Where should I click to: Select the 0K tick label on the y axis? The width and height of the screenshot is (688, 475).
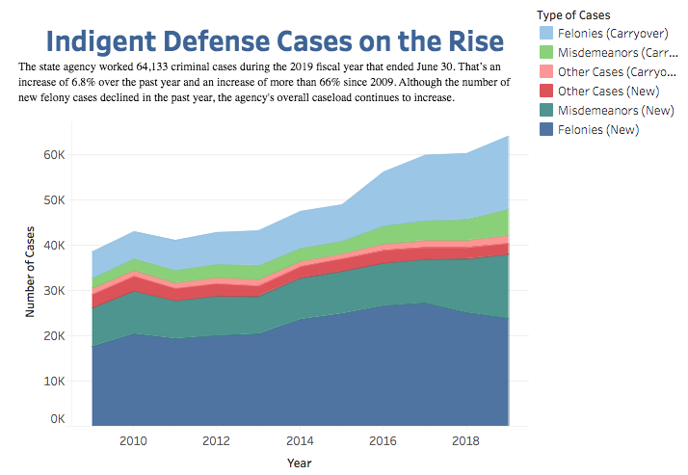[x=55, y=420]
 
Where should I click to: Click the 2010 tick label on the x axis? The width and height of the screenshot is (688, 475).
[x=133, y=441]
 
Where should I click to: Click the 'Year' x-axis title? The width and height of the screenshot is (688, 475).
[x=300, y=462]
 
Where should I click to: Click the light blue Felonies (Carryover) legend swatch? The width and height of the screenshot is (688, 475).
[x=547, y=35]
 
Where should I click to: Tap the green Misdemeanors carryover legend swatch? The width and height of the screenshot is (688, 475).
[x=547, y=53]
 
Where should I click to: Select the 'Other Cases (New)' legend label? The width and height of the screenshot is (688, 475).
[x=612, y=91]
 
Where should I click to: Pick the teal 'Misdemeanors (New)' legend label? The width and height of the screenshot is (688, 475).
[x=618, y=110]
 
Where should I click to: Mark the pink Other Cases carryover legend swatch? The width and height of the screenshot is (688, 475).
[x=547, y=72]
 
